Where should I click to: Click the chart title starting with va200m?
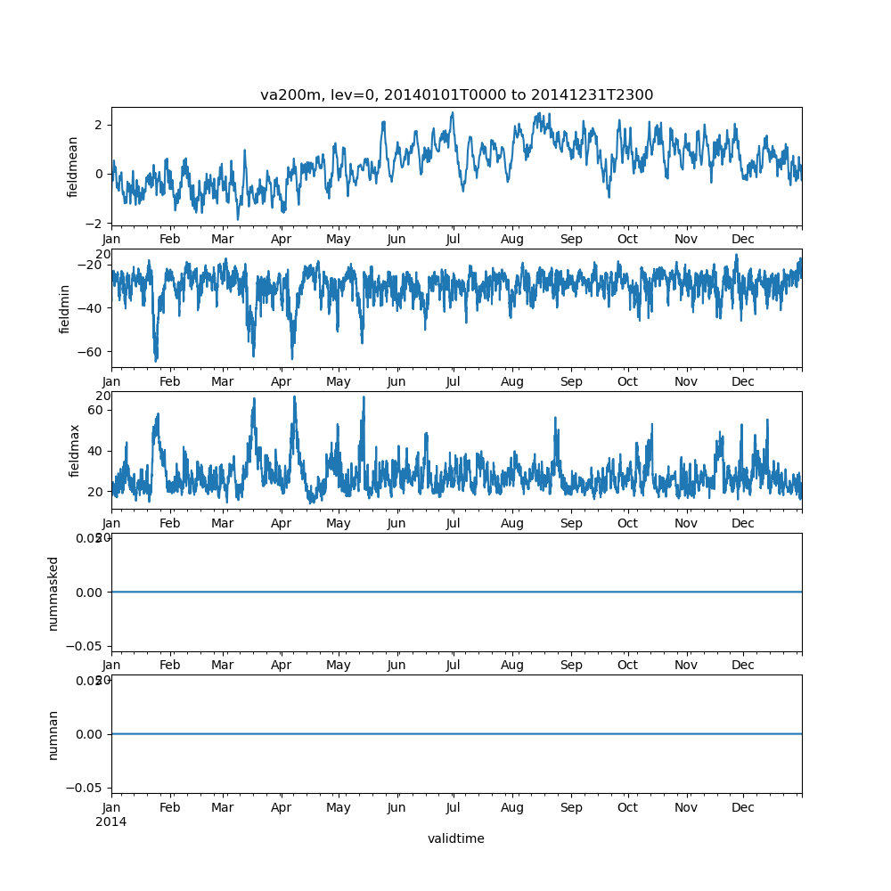pos(456,95)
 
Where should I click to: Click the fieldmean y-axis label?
pos(74,167)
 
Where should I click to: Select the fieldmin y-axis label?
pos(65,308)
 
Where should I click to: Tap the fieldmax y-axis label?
pos(75,450)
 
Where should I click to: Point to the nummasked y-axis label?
pos(53,593)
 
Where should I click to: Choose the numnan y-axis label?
pos(53,734)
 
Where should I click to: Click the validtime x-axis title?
pos(455,838)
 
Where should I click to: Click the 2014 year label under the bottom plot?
pos(111,822)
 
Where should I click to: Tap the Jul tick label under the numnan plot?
pos(454,807)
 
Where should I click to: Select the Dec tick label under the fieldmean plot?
pos(742,240)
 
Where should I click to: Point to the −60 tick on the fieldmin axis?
pos(92,351)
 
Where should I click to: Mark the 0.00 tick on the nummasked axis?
pos(90,592)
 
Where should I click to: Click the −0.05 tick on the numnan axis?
pos(87,788)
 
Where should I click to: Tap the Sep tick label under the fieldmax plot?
pos(571,524)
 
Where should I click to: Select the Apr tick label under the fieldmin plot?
pos(282,382)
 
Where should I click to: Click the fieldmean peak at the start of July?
pos(453,113)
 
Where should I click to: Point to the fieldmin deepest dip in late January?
pos(156,360)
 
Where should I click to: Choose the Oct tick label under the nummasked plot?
pos(628,666)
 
